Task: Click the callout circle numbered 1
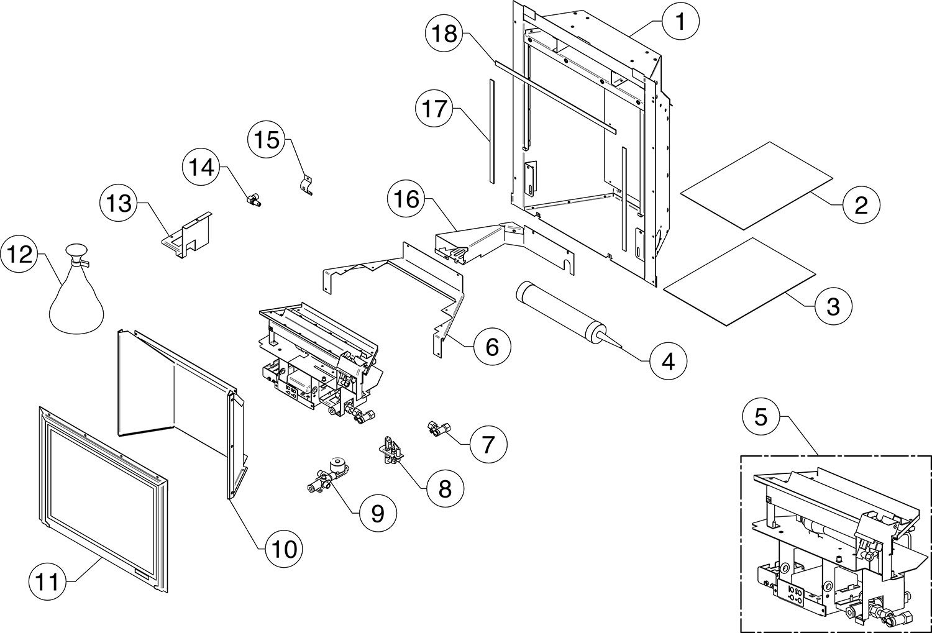[x=680, y=22]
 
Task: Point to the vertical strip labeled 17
[x=490, y=130]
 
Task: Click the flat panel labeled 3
[x=739, y=280]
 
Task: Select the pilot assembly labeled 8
[x=390, y=449]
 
